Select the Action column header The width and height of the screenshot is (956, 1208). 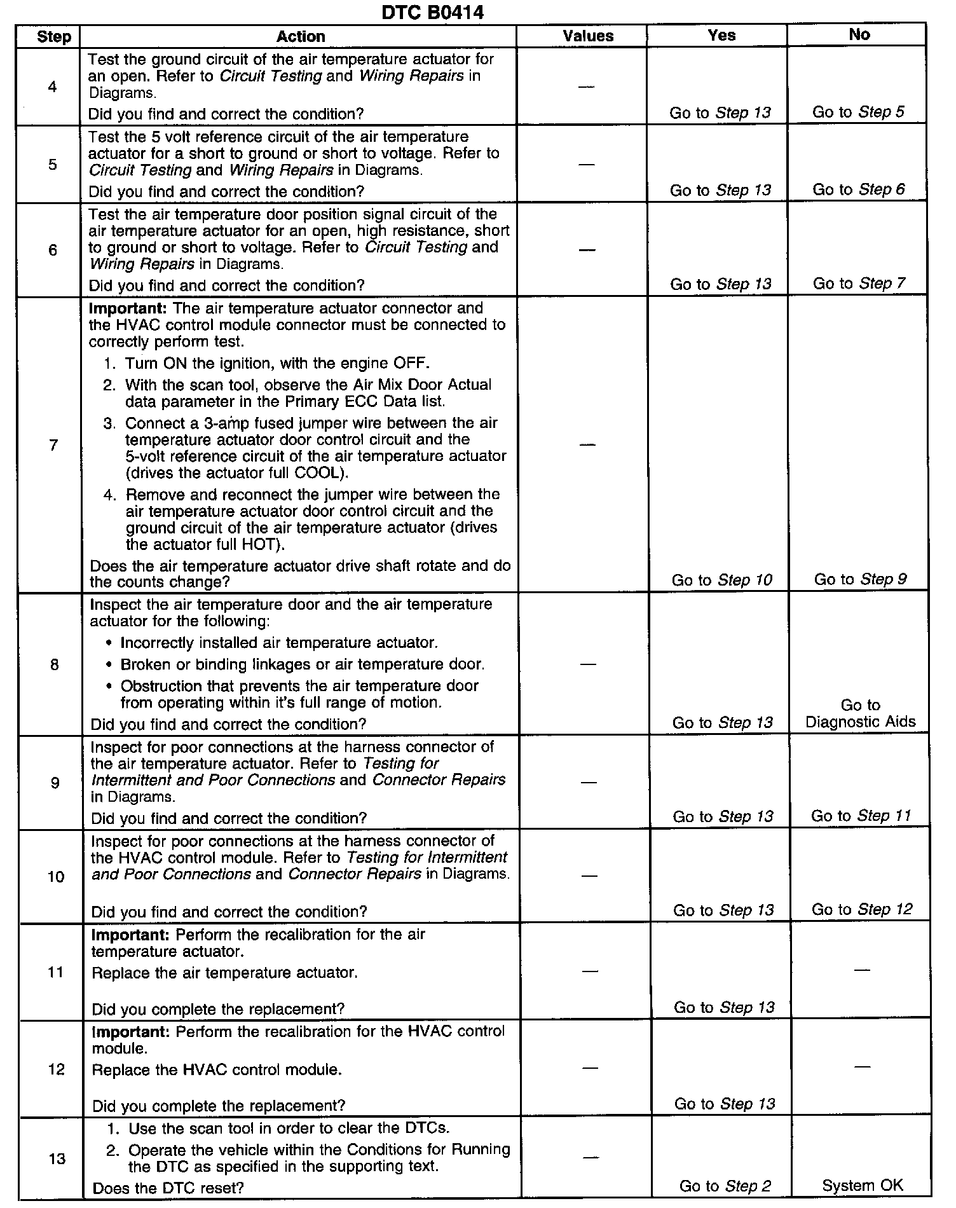(301, 37)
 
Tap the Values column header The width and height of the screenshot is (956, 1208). (588, 36)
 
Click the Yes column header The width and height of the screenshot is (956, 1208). (721, 36)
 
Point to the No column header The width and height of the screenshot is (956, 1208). (859, 35)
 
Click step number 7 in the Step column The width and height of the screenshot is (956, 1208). (53, 445)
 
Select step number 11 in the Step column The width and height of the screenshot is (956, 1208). (56, 972)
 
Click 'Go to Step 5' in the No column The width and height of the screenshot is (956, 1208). (858, 113)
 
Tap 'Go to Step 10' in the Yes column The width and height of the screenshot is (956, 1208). (721, 580)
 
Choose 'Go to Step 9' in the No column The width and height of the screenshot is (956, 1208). (860, 579)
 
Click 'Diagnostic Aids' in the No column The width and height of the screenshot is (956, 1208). (860, 722)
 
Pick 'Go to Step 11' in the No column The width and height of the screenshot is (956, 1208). (861, 816)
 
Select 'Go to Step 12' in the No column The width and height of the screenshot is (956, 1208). (861, 910)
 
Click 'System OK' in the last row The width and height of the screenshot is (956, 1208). (862, 1185)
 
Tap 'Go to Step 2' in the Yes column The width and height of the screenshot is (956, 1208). (725, 1186)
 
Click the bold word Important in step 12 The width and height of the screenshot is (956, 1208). (131, 1031)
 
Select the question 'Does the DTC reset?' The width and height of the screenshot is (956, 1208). (168, 1188)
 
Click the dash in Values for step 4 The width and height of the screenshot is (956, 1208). (586, 86)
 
